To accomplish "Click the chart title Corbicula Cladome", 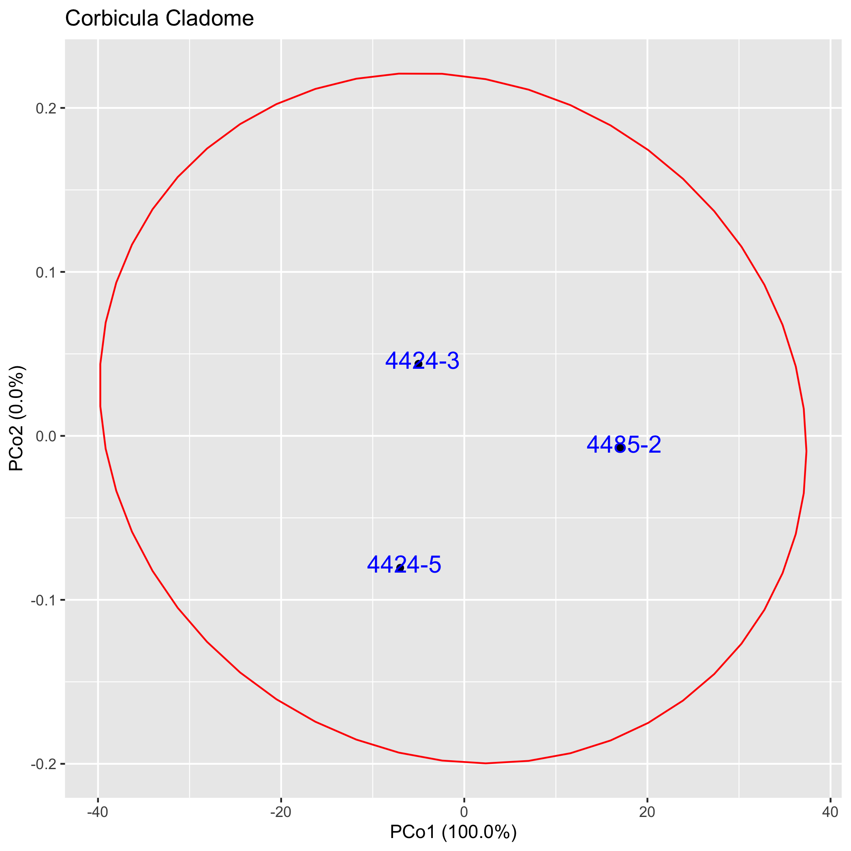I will [x=159, y=19].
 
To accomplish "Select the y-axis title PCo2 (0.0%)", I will [x=17, y=419].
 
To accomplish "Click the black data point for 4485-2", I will [x=620, y=447].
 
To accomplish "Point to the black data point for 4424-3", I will [x=419, y=364].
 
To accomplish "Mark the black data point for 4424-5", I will [x=400, y=568].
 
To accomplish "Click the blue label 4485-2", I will [x=624, y=445].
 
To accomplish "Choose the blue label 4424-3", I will [x=422, y=361].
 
